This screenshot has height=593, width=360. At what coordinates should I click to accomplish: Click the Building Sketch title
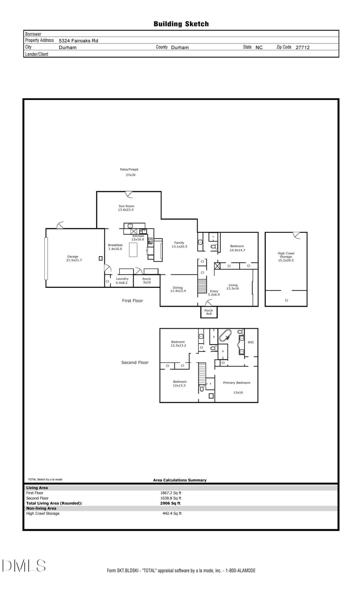point(181,24)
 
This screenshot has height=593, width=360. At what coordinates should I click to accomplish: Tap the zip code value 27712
point(302,47)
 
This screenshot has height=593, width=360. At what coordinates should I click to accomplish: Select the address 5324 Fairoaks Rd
point(78,41)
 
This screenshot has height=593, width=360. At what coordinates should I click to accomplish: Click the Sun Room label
point(126,206)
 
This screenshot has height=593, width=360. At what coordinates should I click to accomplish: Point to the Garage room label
point(73,257)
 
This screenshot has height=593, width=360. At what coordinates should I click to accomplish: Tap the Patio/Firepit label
point(129,170)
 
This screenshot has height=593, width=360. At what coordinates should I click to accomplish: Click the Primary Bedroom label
point(237,383)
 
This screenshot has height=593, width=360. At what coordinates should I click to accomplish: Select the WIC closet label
point(251,342)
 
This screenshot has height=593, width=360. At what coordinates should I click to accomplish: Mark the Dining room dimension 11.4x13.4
point(178,291)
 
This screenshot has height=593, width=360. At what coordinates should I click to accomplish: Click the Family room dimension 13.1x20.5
point(179,247)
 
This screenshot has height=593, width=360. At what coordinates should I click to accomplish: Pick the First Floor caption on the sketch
point(132,301)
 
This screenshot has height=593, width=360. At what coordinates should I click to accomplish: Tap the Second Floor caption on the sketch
point(135,363)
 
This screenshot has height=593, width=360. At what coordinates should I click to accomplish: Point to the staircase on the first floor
point(203,286)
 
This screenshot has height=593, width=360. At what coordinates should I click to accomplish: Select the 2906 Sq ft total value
point(170,503)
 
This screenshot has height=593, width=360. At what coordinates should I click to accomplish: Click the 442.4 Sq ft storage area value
point(172,513)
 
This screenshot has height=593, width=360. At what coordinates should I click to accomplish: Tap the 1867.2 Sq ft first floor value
point(171,493)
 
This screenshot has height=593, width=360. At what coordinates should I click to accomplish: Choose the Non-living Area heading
point(41,508)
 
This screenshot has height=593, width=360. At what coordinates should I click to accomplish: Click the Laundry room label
point(122,279)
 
